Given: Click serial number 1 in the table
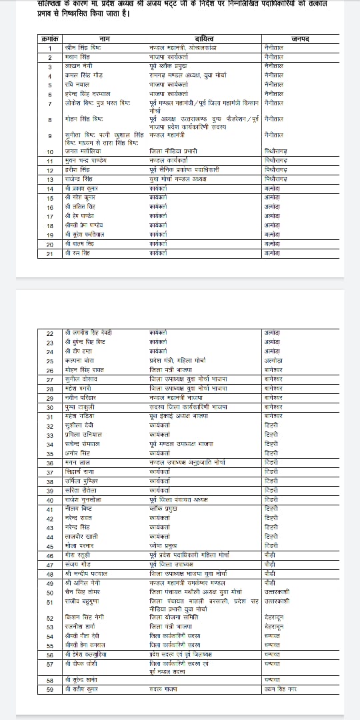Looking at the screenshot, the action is coord(50,49).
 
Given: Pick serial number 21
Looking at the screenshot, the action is coord(50,253).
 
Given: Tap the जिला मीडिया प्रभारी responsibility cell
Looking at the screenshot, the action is coord(170,152).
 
